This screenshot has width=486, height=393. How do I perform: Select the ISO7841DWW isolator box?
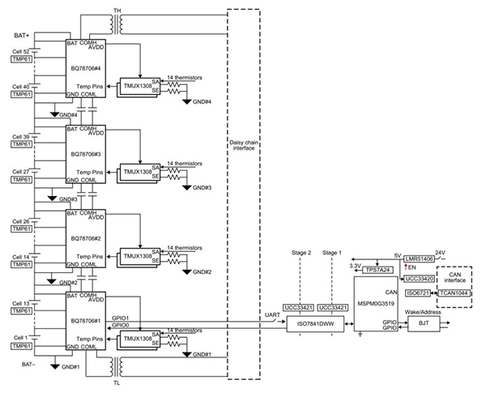click(317, 323)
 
